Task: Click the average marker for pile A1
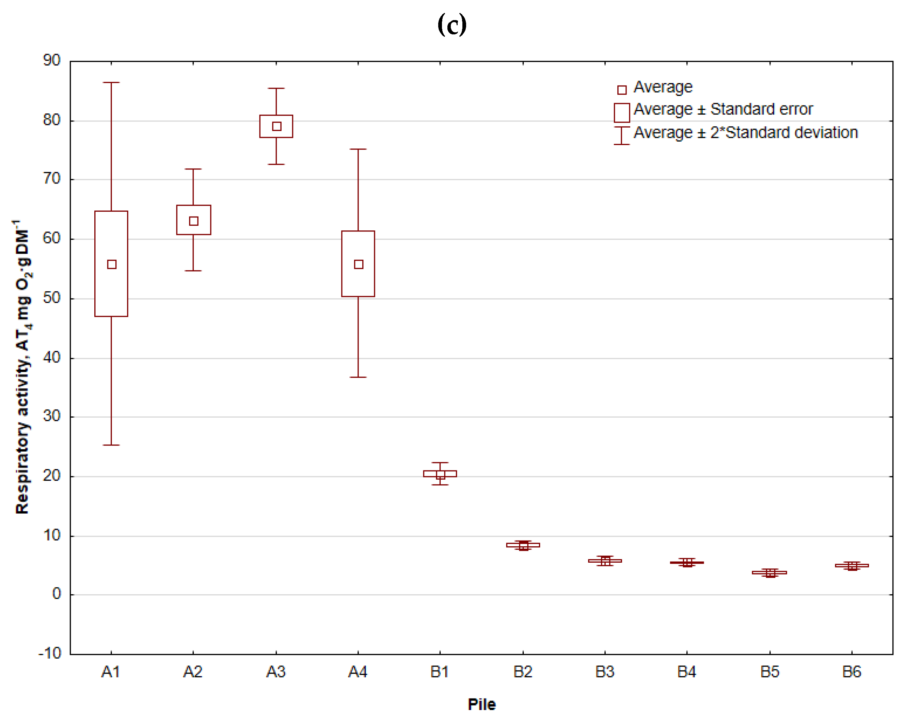point(112,264)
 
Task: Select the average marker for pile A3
point(276,126)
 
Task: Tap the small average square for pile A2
point(193,221)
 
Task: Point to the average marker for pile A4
point(359,264)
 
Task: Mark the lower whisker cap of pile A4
point(358,377)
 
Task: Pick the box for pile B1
point(440,473)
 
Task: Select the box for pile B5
point(770,572)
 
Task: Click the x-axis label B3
point(605,672)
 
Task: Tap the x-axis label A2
point(193,672)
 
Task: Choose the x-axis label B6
point(852,672)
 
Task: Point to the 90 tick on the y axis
point(51,60)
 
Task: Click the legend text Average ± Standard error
point(723,109)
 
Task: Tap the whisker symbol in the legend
point(621,135)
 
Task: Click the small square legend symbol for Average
point(622,90)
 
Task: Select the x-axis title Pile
point(481,704)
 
